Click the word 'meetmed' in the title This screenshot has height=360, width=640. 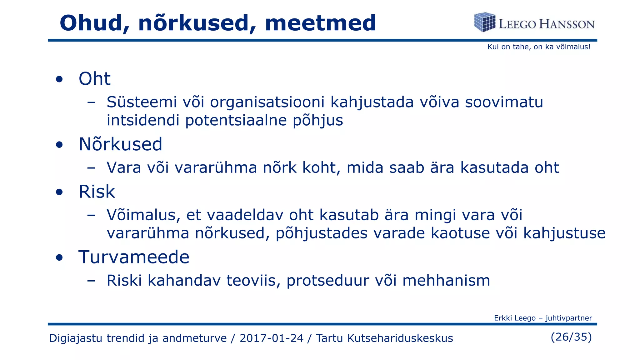(320, 23)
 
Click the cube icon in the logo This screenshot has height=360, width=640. (484, 22)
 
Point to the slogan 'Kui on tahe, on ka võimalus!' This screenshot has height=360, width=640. (539, 47)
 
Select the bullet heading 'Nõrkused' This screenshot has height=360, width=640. (120, 144)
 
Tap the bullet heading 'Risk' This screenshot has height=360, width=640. (97, 192)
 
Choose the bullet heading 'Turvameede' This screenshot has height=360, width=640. (134, 257)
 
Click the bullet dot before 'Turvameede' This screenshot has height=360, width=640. (59, 258)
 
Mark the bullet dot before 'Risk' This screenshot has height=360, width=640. (59, 192)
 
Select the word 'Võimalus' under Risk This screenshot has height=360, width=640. (143, 215)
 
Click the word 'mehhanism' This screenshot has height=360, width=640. (446, 281)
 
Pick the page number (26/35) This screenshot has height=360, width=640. (571, 337)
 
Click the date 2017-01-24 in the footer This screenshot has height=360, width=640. (271, 338)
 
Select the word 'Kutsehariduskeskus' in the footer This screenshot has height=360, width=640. (384, 338)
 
